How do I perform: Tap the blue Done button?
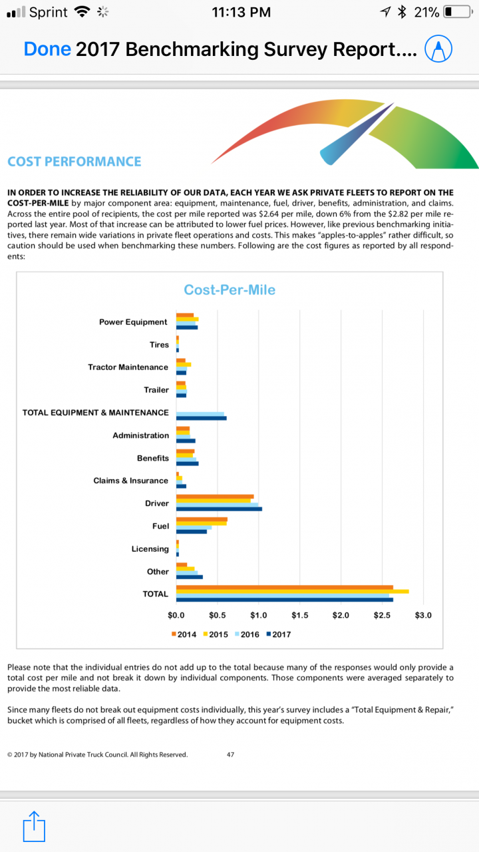pyautogui.click(x=47, y=49)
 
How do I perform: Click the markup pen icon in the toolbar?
pyautogui.click(x=438, y=49)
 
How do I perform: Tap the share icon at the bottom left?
pyautogui.click(x=33, y=828)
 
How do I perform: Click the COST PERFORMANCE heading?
pyautogui.click(x=75, y=162)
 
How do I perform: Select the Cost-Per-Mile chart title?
pyautogui.click(x=230, y=290)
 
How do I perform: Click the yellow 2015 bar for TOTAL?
pyautogui.click(x=292, y=591)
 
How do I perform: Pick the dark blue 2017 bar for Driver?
pyautogui.click(x=219, y=509)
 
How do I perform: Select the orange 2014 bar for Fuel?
pyautogui.click(x=202, y=519)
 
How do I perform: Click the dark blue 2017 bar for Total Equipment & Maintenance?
pyautogui.click(x=201, y=418)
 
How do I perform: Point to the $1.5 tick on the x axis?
pyautogui.click(x=299, y=615)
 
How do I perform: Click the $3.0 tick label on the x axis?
pyautogui.click(x=423, y=615)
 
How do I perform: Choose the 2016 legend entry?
pyautogui.click(x=246, y=634)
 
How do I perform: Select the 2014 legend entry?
pyautogui.click(x=184, y=634)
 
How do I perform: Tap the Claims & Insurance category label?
pyautogui.click(x=130, y=481)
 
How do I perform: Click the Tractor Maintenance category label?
pyautogui.click(x=128, y=367)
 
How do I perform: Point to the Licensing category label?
pyautogui.click(x=150, y=549)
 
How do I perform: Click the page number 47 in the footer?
pyautogui.click(x=230, y=755)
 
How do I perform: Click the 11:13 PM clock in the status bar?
pyautogui.click(x=241, y=12)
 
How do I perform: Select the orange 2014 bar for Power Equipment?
pyautogui.click(x=185, y=315)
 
